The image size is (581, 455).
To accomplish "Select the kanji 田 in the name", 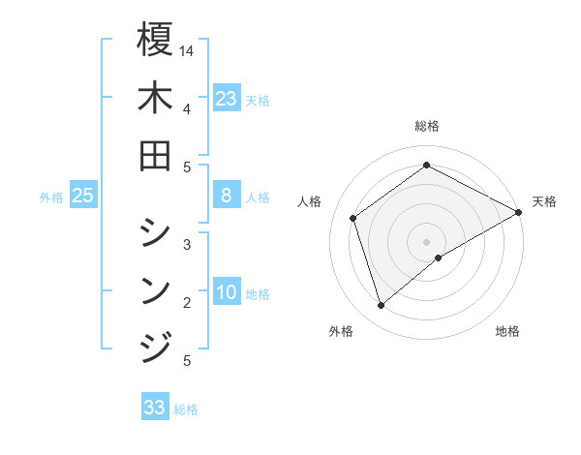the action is (x=155, y=156).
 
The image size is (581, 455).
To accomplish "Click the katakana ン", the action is (x=155, y=288).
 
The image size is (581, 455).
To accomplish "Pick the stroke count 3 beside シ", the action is (x=186, y=245).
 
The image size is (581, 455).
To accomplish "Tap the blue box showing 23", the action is (x=227, y=98).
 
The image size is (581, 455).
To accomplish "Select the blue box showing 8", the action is (x=227, y=196).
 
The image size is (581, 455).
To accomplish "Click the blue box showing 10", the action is (x=227, y=292).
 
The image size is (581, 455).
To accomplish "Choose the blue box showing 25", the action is (x=82, y=196).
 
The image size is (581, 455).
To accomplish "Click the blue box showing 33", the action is (x=155, y=408).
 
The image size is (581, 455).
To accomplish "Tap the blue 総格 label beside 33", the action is (x=186, y=409).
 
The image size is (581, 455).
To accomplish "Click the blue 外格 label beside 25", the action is (x=51, y=197).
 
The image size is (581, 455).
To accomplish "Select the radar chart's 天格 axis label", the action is (x=544, y=201).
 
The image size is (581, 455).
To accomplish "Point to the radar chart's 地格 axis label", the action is (x=507, y=331).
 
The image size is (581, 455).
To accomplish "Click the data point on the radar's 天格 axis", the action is (x=519, y=212).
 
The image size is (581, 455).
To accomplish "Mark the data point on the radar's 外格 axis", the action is (x=381, y=306).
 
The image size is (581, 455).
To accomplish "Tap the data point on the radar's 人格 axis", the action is (x=353, y=218).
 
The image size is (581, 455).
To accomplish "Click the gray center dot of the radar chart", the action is (x=427, y=241).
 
